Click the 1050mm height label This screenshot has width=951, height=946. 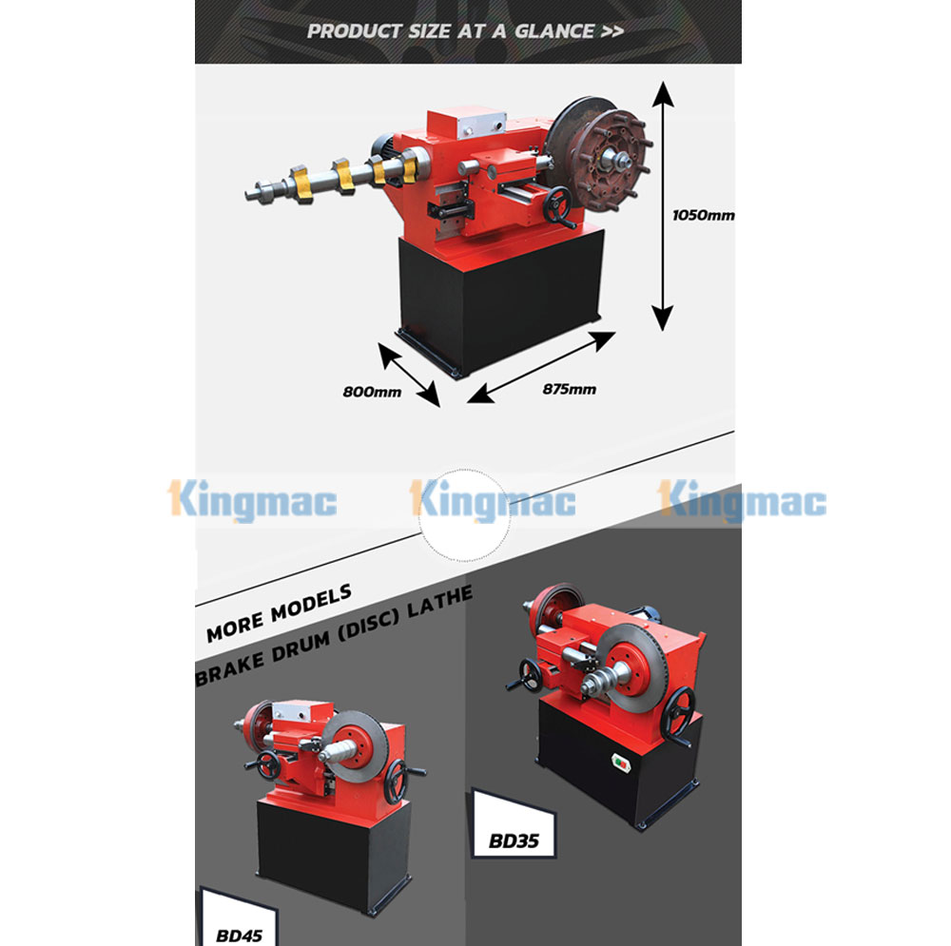[x=703, y=215]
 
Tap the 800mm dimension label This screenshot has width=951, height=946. [x=372, y=392]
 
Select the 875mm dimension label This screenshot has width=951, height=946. [x=569, y=389]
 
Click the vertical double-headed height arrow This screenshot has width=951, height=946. [x=663, y=206]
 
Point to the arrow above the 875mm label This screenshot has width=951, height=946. [x=542, y=367]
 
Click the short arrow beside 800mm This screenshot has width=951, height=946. [x=409, y=375]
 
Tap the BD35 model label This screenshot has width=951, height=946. [x=514, y=841]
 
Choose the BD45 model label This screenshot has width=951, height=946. [x=239, y=936]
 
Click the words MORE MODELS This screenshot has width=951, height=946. [x=279, y=613]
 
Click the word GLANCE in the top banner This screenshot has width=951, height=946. [x=554, y=31]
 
